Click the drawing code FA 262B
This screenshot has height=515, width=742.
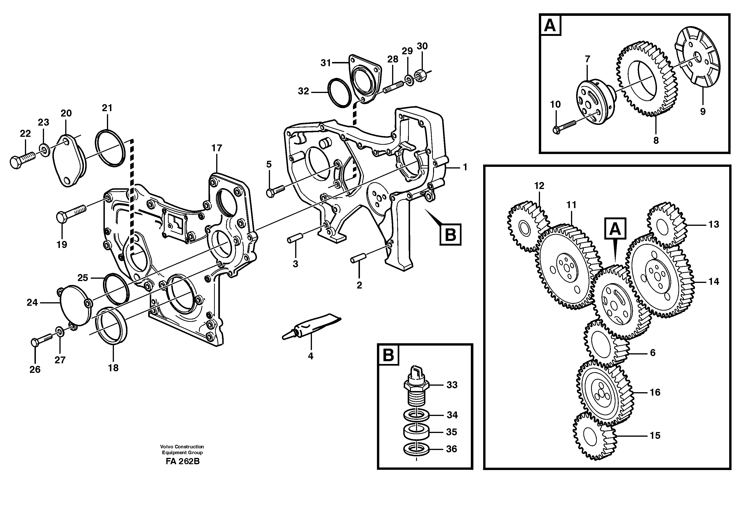coord(183,461)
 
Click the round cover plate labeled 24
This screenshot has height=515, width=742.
coord(75,304)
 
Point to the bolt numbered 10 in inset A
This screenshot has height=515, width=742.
coord(564,127)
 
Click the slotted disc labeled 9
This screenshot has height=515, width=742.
coord(699,58)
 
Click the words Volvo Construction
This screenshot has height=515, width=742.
coord(182,446)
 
